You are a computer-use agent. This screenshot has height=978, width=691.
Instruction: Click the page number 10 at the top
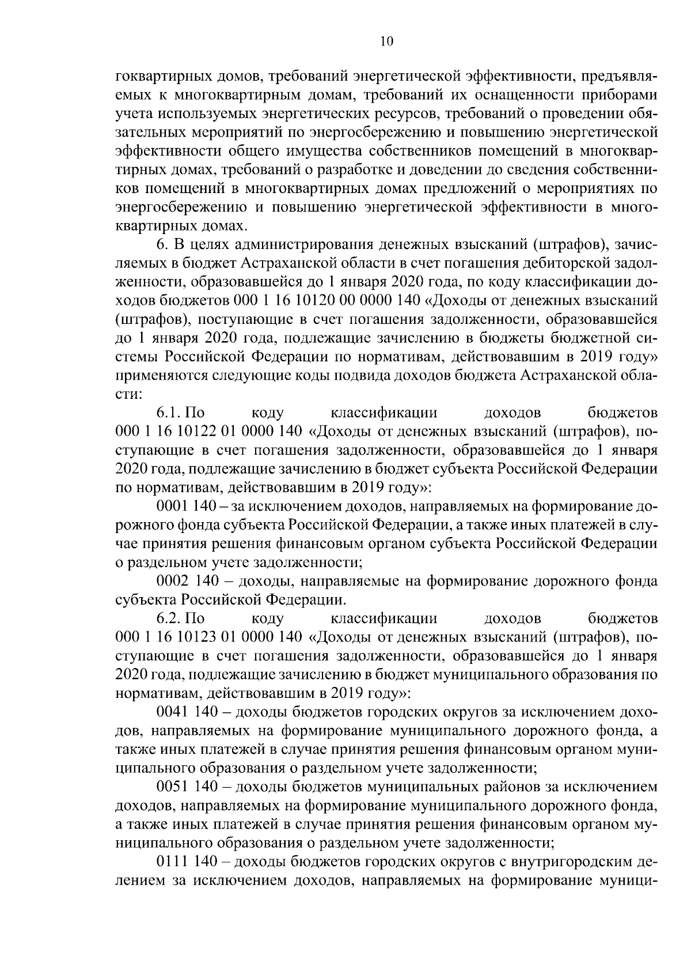[x=386, y=41]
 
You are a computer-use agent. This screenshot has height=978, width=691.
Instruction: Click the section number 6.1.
[x=169, y=413]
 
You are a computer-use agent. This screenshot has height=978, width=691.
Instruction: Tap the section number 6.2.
[x=169, y=618]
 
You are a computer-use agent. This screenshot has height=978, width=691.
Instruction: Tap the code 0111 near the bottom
[x=172, y=862]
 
